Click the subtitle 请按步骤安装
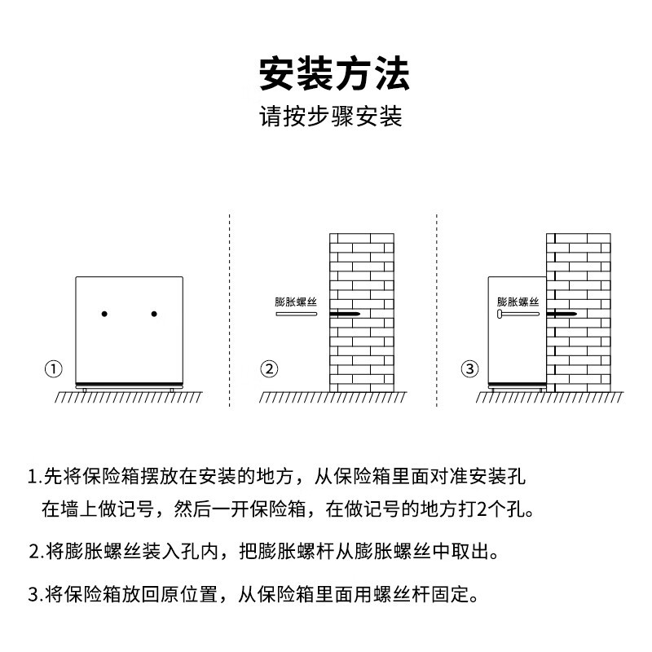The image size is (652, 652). (331, 117)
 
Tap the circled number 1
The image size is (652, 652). (53, 368)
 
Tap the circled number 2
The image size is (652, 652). (269, 368)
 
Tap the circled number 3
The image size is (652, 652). (469, 368)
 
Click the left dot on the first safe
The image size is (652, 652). (104, 314)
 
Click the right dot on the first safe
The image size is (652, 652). (153, 314)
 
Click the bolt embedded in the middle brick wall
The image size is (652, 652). (346, 314)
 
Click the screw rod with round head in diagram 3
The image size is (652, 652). (517, 314)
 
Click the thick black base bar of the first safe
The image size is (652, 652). (129, 384)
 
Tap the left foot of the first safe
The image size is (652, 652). (84, 389)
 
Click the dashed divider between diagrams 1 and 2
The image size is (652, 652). (230, 310)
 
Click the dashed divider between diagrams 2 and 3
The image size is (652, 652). (437, 310)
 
